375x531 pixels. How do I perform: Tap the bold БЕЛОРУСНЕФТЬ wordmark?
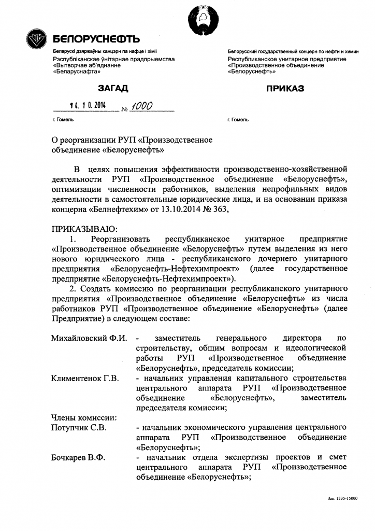pyautogui.click(x=96, y=40)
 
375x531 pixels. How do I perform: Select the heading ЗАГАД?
pyautogui.click(x=113, y=89)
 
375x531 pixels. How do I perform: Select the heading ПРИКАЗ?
pyautogui.click(x=285, y=89)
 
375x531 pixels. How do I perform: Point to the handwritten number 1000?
pyautogui.click(x=140, y=106)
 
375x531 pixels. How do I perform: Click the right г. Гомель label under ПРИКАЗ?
pyautogui.click(x=238, y=120)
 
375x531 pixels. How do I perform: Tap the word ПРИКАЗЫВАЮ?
pyautogui.click(x=85, y=229)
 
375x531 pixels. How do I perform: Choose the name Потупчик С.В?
pyautogui.click(x=79, y=428)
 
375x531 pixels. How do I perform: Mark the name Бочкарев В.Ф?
pyautogui.click(x=78, y=458)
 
